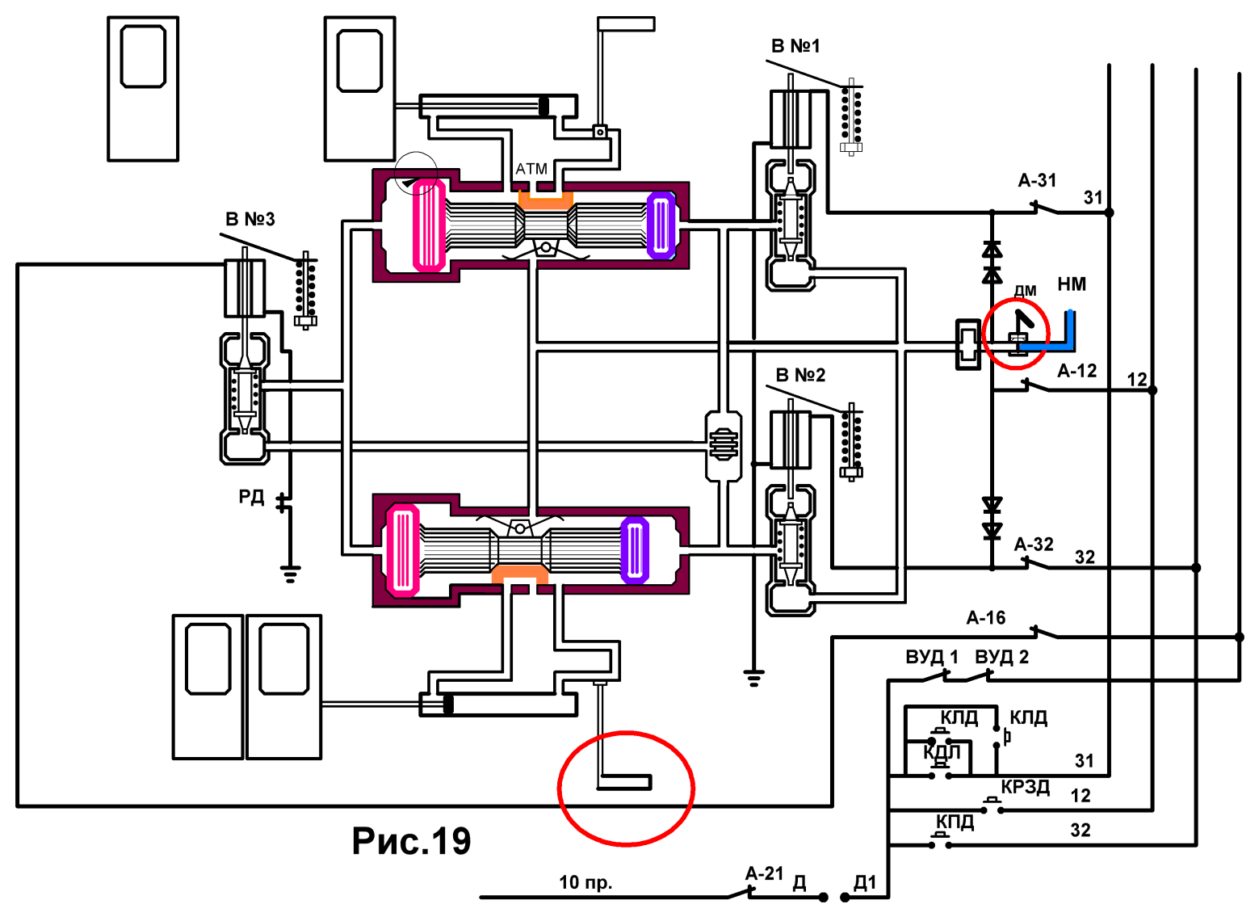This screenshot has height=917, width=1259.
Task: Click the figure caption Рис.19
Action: (411, 842)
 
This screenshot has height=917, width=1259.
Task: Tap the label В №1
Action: (795, 46)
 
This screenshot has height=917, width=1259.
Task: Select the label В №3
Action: (250, 219)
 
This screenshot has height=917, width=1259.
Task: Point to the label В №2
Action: (800, 375)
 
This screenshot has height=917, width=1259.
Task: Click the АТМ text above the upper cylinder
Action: (531, 169)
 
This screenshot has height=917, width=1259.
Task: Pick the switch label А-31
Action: (1037, 180)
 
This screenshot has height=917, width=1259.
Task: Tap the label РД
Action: (250, 497)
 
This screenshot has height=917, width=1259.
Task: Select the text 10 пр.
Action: (585, 882)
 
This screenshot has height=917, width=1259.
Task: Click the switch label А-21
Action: (765, 873)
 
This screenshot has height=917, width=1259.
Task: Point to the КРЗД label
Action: (1025, 787)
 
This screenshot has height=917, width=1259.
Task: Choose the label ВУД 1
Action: (932, 657)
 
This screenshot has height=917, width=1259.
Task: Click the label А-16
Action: (986, 618)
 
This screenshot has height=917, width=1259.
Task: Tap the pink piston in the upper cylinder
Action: (430, 225)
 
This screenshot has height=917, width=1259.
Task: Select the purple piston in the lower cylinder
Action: (635, 550)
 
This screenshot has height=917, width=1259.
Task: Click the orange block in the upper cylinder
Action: (545, 200)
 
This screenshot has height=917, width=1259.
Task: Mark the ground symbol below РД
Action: (290, 574)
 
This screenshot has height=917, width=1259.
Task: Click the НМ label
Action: (1072, 284)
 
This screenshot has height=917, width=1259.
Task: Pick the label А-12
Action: (1077, 371)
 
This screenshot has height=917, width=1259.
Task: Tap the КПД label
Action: (955, 822)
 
